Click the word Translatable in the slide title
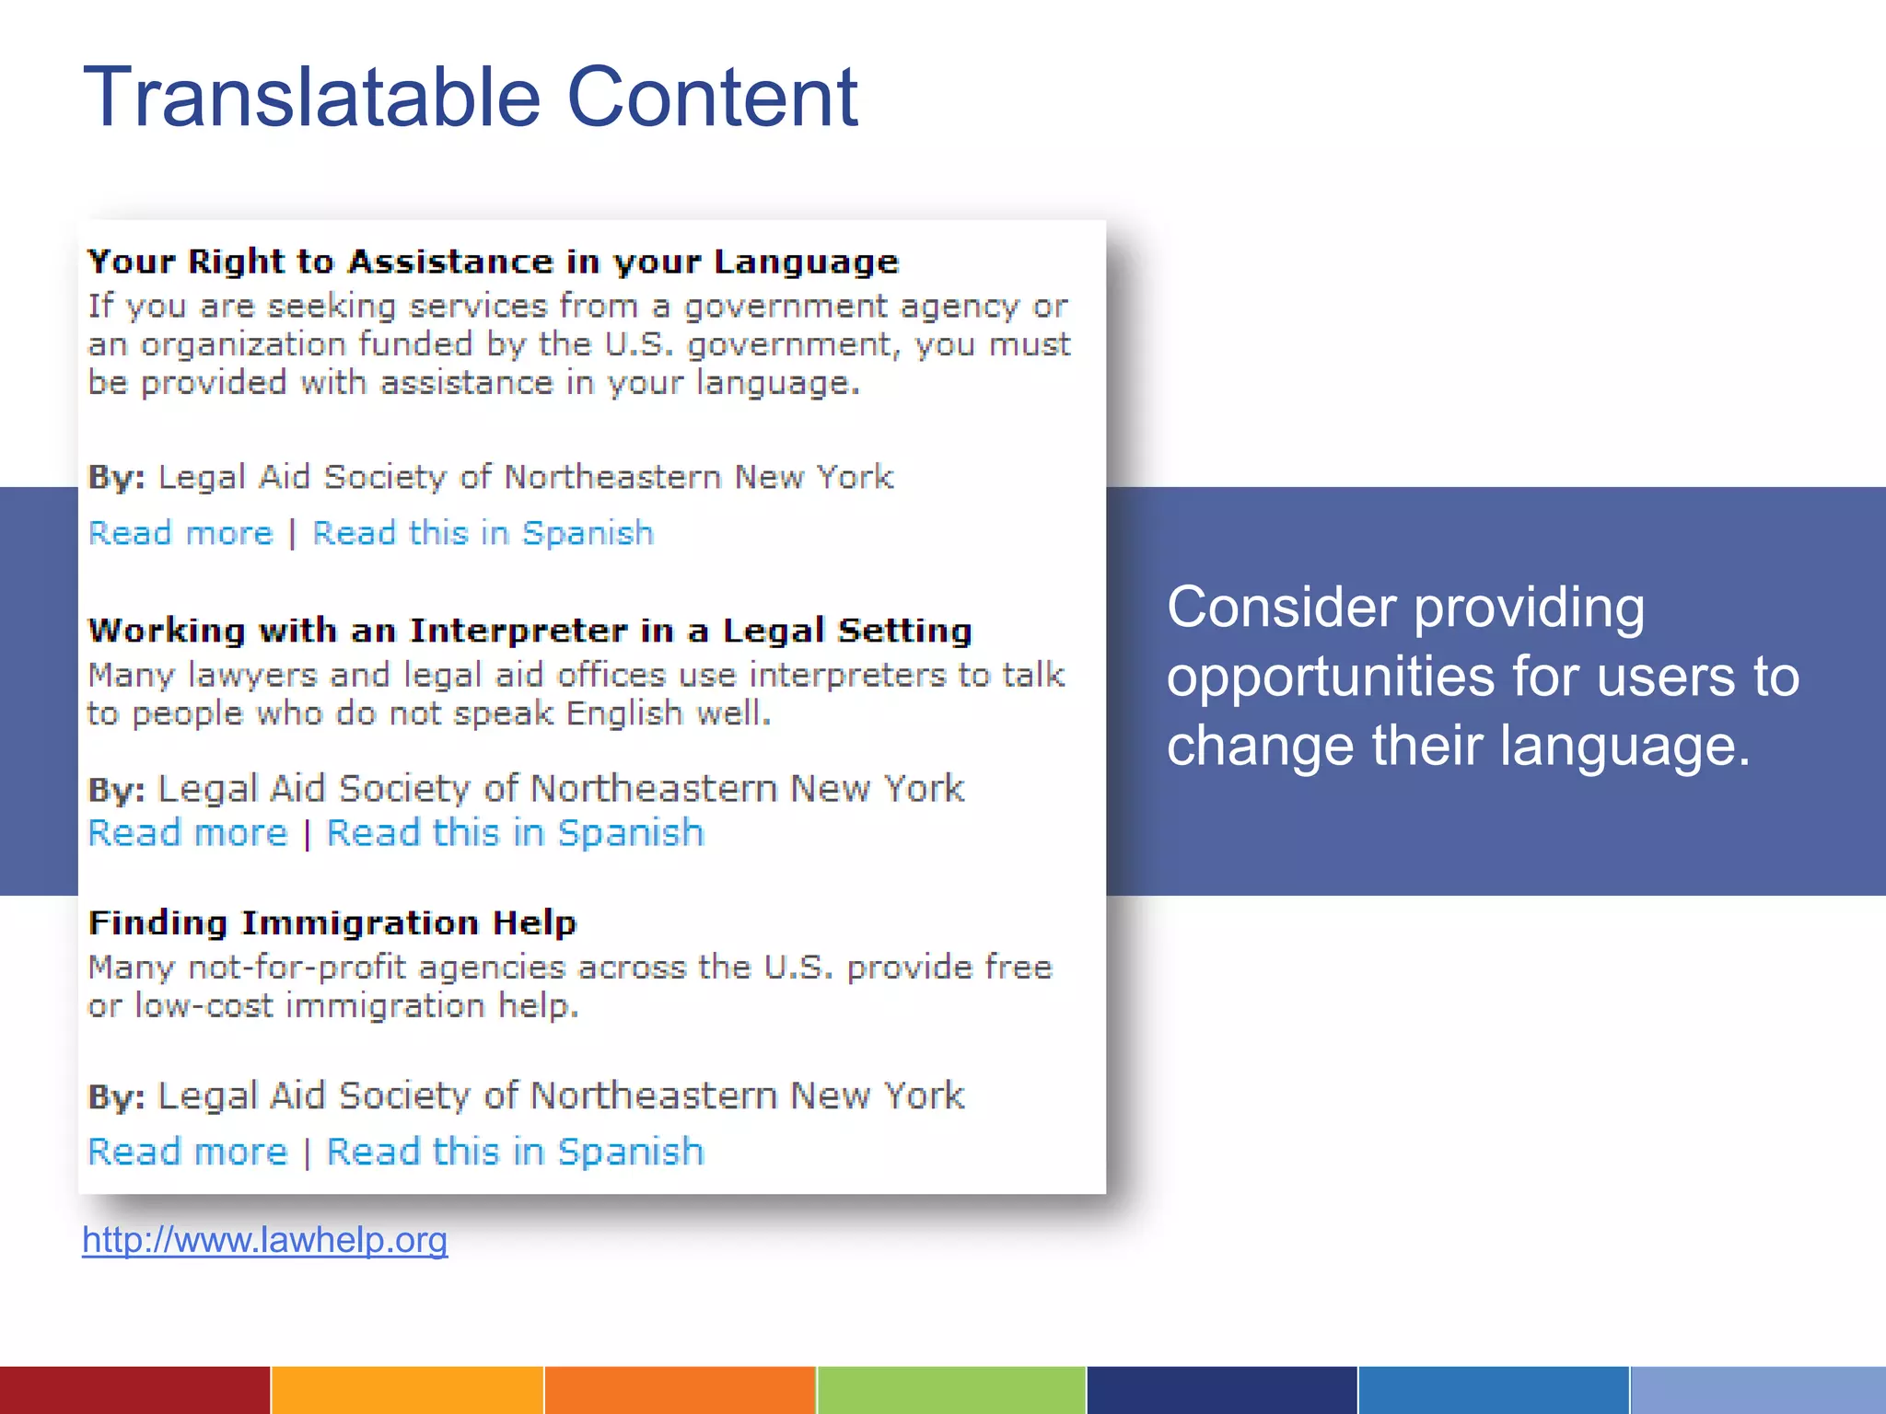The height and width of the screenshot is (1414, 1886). point(311,97)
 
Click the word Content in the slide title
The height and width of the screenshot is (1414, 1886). point(712,97)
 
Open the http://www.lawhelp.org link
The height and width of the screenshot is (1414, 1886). point(265,1240)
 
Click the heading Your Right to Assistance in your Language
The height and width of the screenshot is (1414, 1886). point(493,261)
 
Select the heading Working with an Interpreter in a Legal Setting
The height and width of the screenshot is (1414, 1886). point(530,631)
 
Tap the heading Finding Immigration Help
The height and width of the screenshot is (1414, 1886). point(332,922)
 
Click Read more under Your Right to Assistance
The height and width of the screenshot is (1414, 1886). point(181,533)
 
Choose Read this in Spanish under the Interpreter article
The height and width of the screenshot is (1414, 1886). point(516,833)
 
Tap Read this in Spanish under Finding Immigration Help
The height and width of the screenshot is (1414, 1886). point(516,1152)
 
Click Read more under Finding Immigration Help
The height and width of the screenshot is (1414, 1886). point(188,1152)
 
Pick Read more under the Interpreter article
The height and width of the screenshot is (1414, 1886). point(188,833)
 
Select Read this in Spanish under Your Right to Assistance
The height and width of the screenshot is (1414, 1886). point(483,533)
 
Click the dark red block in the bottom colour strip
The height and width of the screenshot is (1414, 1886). point(134,1390)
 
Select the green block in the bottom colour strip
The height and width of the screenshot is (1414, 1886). point(951,1390)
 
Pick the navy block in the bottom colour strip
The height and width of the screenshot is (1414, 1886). point(1222,1390)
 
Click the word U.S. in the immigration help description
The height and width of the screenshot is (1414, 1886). point(798,968)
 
